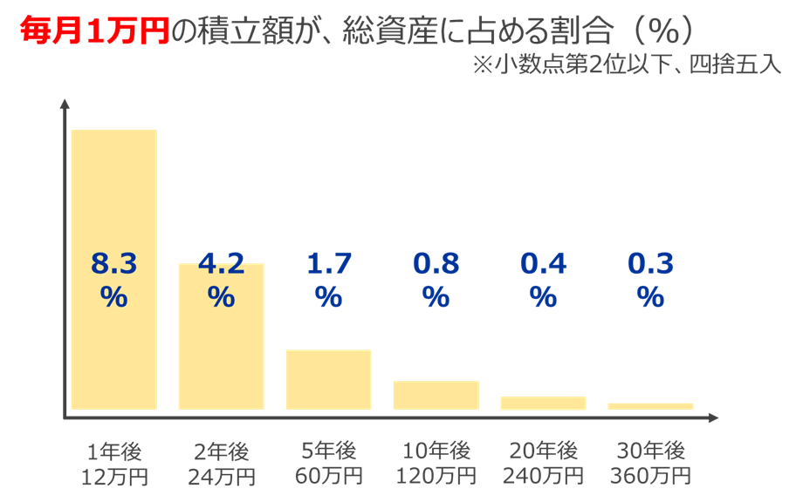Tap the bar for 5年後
click(328, 379)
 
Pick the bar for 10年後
click(436, 395)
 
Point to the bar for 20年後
click(543, 403)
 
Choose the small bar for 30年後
click(650, 406)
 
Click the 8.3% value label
click(113, 279)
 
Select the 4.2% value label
click(221, 279)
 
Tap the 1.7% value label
click(328, 279)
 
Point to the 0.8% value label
click(436, 279)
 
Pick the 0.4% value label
click(543, 279)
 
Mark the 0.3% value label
click(650, 279)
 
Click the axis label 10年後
click(436, 451)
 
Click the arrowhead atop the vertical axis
click(65, 104)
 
